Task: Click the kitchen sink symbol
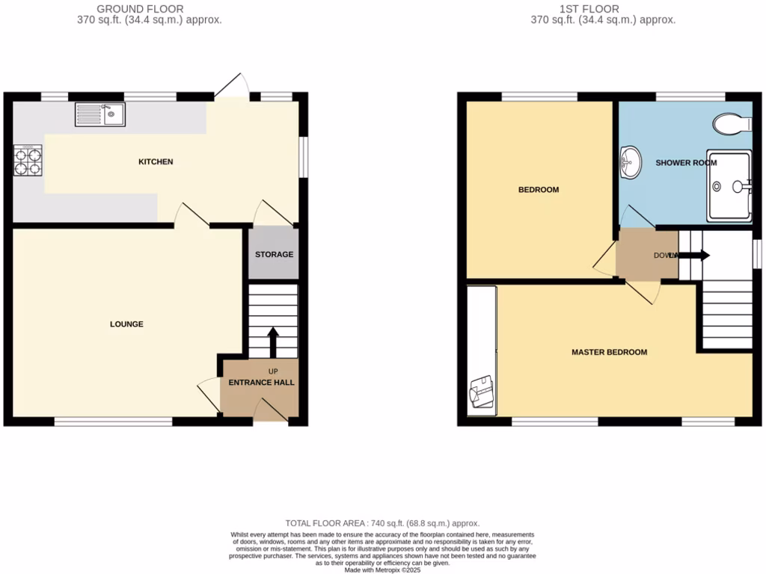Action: pyautogui.click(x=99, y=114)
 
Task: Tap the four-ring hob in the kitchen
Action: pyautogui.click(x=28, y=160)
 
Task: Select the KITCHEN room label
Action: pyautogui.click(x=156, y=161)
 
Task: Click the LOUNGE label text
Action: pyautogui.click(x=126, y=324)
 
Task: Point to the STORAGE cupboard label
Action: pyautogui.click(x=274, y=255)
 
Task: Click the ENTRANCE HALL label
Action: pyautogui.click(x=262, y=382)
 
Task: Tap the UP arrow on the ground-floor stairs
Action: pyautogui.click(x=272, y=342)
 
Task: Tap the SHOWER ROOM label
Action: pyautogui.click(x=686, y=162)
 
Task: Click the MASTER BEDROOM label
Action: pyautogui.click(x=609, y=352)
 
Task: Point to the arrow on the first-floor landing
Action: pyautogui.click(x=693, y=256)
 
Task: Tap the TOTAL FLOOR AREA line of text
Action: pyautogui.click(x=382, y=523)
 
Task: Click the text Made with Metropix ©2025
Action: pyautogui.click(x=382, y=570)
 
